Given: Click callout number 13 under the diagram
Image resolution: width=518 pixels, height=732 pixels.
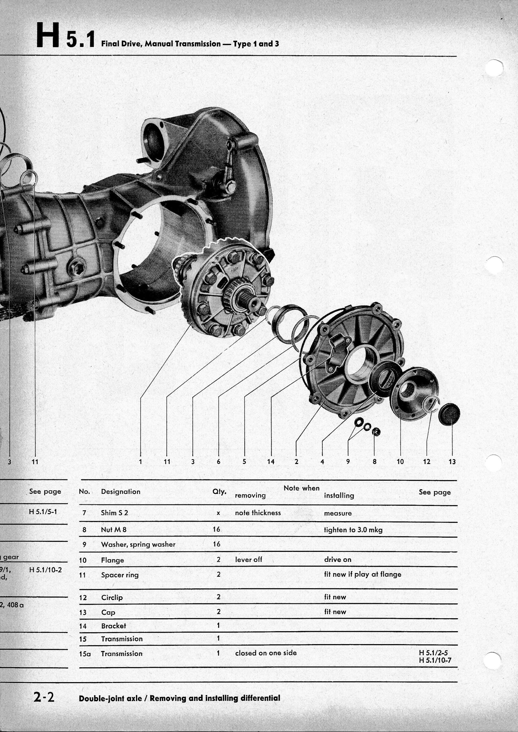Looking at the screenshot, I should point(452,461).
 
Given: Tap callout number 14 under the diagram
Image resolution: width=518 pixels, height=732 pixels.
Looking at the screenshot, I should point(271,461).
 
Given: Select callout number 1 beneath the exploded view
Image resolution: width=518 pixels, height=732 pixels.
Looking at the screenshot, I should point(140,461).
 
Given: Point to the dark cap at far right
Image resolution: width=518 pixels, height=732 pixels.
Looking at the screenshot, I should point(449,414).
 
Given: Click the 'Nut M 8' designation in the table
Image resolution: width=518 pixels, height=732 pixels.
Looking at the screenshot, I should point(114,530).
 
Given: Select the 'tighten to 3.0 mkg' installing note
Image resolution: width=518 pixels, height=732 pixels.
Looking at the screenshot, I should point(353,530).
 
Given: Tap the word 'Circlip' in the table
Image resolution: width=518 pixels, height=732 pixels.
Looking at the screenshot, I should point(112,597).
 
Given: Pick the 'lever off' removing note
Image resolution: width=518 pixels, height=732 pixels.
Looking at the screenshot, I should point(248,559).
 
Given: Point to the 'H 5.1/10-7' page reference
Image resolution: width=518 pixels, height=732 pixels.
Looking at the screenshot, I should point(435,660).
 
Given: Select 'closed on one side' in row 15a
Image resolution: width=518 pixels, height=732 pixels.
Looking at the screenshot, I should point(266,653).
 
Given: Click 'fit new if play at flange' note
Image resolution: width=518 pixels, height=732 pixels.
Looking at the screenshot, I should point(362,574).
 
